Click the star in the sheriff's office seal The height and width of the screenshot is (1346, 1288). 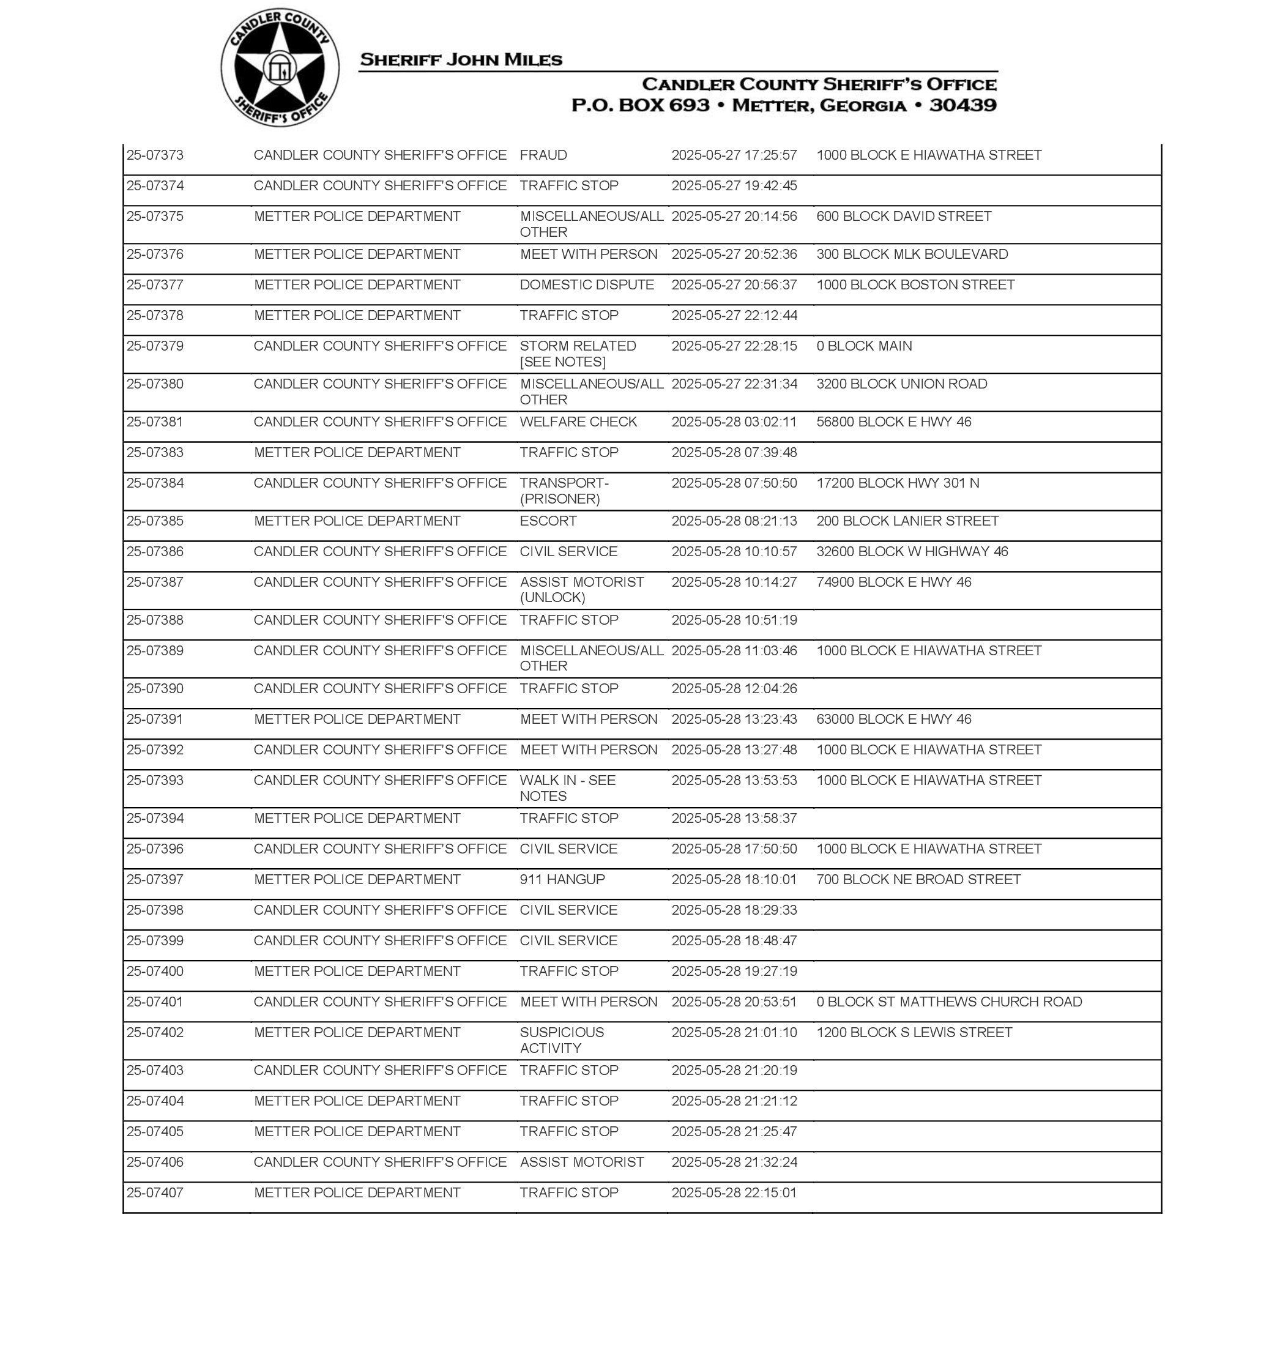click(x=280, y=68)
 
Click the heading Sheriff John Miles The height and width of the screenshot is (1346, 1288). click(x=461, y=60)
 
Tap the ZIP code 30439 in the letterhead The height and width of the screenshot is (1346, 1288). click(x=962, y=105)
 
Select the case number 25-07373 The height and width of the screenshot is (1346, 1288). click(x=155, y=155)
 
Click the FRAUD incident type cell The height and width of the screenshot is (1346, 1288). click(x=543, y=155)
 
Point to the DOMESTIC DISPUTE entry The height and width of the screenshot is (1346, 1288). click(x=586, y=285)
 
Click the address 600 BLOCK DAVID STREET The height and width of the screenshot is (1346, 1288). click(x=904, y=216)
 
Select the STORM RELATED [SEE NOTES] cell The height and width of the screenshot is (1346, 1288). click(x=578, y=354)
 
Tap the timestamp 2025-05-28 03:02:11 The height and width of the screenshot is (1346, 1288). click(x=734, y=422)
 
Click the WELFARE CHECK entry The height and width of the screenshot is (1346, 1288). click(x=578, y=422)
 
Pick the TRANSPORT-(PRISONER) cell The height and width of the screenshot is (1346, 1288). click(x=564, y=491)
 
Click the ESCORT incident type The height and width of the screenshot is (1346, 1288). click(x=548, y=521)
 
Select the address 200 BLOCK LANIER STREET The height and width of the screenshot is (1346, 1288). click(x=907, y=521)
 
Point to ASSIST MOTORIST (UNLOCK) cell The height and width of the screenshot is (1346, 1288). click(x=581, y=590)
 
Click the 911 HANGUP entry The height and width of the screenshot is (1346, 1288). click(x=562, y=879)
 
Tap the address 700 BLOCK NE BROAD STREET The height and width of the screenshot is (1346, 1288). click(x=918, y=879)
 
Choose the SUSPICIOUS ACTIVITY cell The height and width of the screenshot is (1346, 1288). click(x=562, y=1040)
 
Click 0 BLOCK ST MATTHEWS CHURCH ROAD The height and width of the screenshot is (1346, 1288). click(x=949, y=1002)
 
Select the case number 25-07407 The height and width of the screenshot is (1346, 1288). click(x=155, y=1192)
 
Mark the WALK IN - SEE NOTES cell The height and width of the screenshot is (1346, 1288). click(x=567, y=788)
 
